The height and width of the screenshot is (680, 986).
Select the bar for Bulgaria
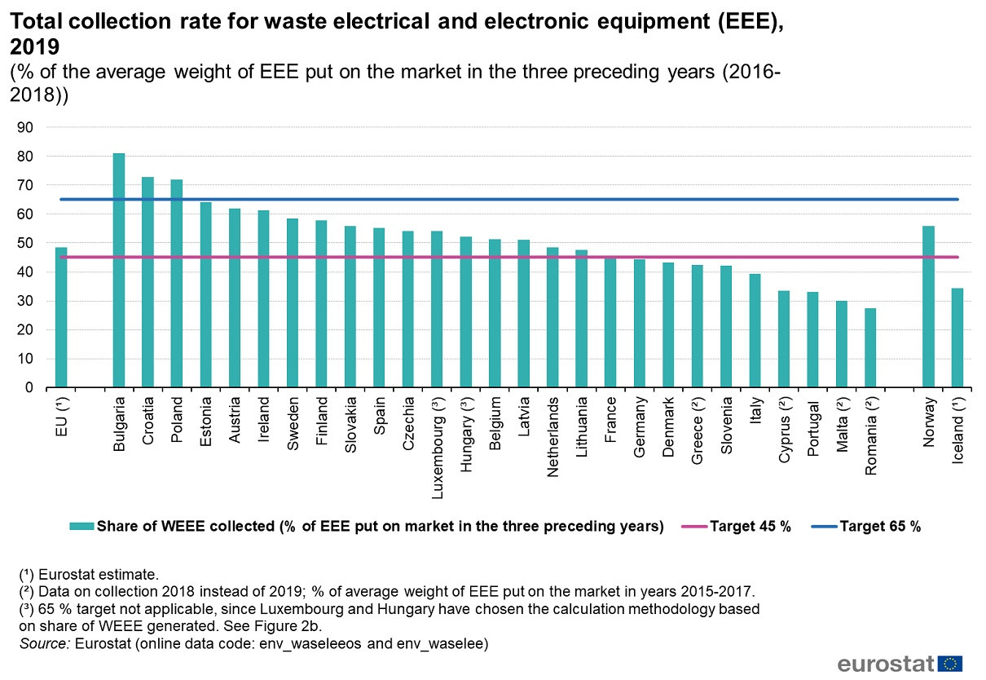pos(119,270)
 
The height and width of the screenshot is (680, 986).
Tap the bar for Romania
pos(870,347)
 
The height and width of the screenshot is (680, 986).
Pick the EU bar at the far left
pos(61,317)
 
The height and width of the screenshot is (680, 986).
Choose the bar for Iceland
pos(957,338)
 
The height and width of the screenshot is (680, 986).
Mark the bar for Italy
pos(755,330)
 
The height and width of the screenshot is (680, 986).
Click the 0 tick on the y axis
pos(29,388)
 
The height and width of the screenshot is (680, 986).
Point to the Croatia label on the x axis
pos(148,420)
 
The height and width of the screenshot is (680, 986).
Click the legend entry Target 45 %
pos(751,526)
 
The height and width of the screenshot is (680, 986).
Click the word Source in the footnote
pos(42,644)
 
